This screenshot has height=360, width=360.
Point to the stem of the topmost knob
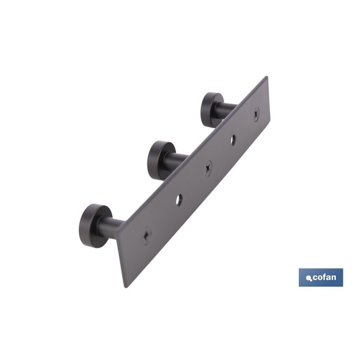click(228, 108)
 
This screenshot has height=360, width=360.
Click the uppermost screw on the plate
click(256, 114)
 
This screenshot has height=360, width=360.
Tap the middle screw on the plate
click(208, 168)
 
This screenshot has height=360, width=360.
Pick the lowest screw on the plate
click(147, 235)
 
